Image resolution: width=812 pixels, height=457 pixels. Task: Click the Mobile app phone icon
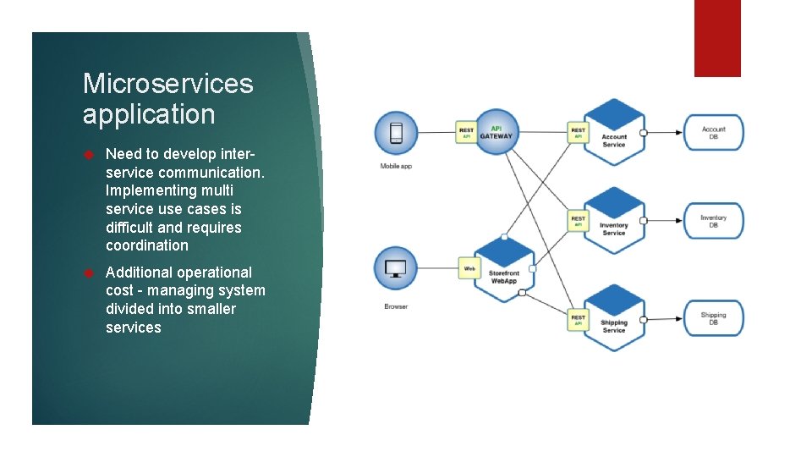[x=395, y=133]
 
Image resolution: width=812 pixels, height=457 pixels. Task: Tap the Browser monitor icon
[x=395, y=268]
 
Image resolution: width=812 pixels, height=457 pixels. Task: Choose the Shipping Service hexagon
[x=614, y=319]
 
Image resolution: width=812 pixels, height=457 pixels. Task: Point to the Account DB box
[x=713, y=133]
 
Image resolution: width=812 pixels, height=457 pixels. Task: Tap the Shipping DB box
[x=713, y=318]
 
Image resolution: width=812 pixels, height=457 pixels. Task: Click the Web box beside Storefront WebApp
[x=469, y=268]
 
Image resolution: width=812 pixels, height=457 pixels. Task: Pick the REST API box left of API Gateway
[x=466, y=132]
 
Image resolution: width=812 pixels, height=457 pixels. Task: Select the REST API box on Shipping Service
[x=578, y=320]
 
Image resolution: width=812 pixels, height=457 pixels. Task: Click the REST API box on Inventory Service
[x=578, y=221]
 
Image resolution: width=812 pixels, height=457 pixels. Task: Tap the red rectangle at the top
[x=717, y=38]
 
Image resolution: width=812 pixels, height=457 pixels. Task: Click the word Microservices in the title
[x=168, y=84]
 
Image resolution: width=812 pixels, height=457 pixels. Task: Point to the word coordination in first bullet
[x=147, y=245]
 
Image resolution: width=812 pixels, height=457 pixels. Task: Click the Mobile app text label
[x=395, y=167]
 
